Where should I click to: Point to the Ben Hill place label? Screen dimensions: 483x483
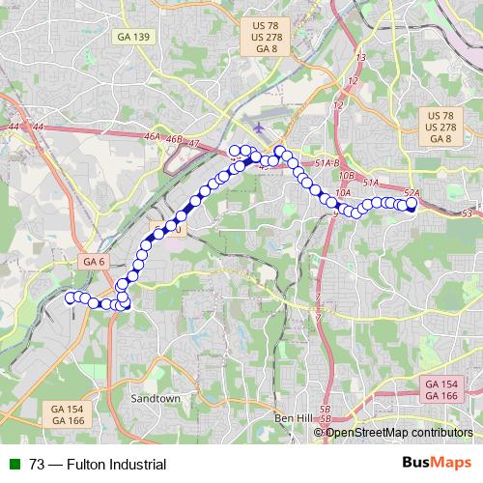click(294, 417)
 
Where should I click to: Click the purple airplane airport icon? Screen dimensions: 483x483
click(257, 128)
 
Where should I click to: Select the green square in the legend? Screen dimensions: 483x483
click(14, 464)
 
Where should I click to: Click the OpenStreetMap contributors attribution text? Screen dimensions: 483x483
click(397, 432)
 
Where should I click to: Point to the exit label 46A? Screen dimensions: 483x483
click(152, 139)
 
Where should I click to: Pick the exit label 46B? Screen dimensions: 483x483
click(174, 140)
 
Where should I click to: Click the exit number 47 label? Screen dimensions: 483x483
click(194, 144)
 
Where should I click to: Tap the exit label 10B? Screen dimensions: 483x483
click(348, 178)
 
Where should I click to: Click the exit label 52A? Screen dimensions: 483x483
click(411, 193)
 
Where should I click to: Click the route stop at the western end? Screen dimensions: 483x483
click(71, 298)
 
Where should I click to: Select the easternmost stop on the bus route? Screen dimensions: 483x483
click(411, 204)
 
